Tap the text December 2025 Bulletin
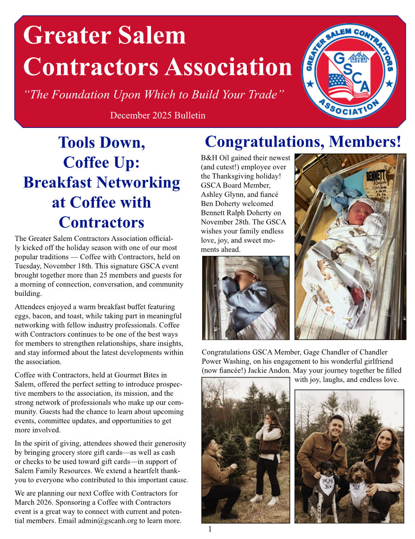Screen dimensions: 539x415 click(158, 115)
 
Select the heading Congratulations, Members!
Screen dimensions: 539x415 click(303, 142)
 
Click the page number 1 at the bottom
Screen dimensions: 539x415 click(210, 529)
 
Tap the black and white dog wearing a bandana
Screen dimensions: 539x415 click(323, 484)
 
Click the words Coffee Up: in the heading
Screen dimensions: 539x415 click(101, 162)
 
